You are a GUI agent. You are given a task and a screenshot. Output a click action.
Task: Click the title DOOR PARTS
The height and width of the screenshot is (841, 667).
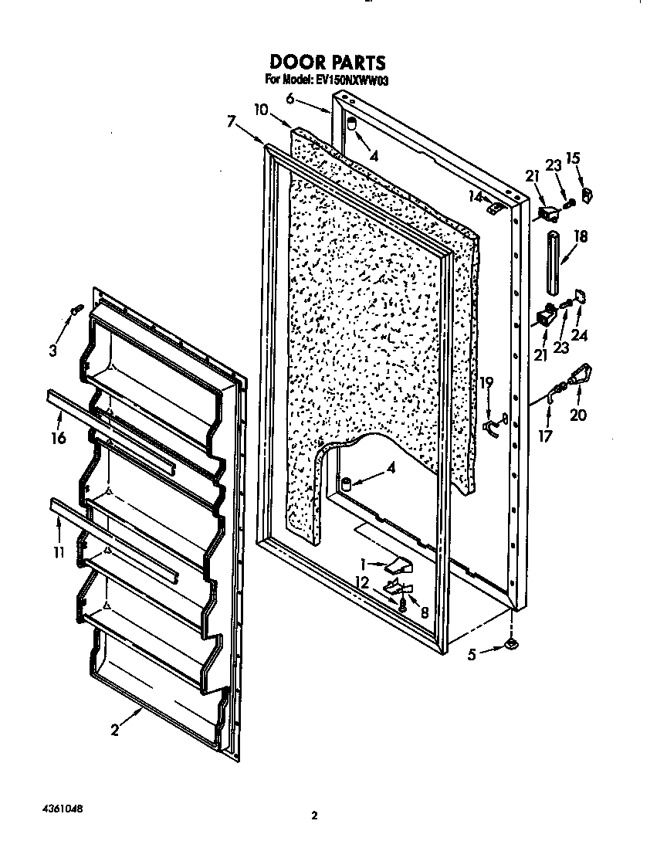(x=327, y=61)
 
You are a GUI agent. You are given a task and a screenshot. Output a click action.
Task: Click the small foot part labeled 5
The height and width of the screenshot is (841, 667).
(x=511, y=643)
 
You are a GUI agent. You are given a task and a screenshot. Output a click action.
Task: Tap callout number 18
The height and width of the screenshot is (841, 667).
(x=581, y=237)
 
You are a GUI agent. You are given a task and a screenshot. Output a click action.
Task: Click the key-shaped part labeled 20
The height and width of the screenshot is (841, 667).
(x=580, y=376)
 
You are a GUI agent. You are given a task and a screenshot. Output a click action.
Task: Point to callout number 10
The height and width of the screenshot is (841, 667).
(x=260, y=110)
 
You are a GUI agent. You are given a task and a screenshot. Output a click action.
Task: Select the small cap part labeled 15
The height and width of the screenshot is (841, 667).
(x=586, y=196)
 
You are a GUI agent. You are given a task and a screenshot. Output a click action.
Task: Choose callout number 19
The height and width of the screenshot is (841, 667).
(x=486, y=382)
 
